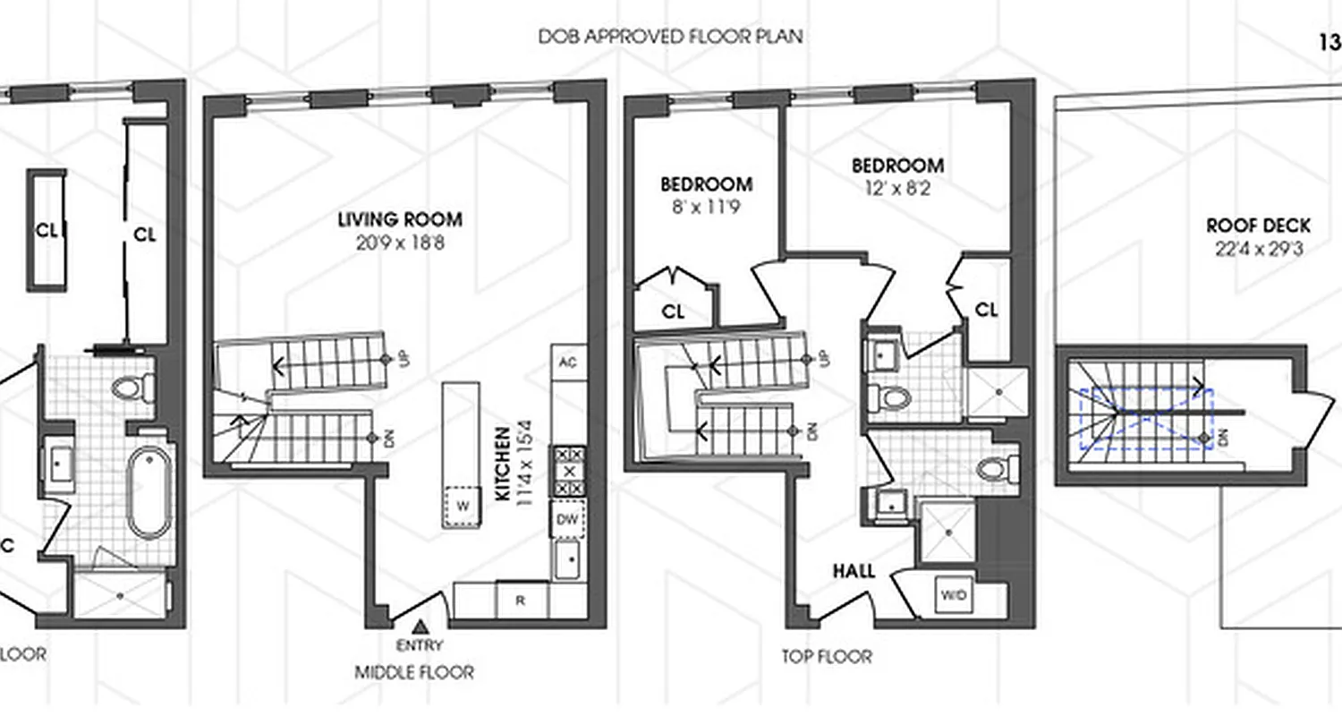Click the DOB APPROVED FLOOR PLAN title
pyautogui.click(x=670, y=37)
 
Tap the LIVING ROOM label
pyautogui.click(x=400, y=219)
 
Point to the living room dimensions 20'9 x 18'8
pyautogui.click(x=400, y=242)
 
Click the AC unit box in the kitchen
pyautogui.click(x=566, y=362)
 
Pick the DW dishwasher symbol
pyautogui.click(x=567, y=518)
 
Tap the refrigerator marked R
pyautogui.click(x=521, y=601)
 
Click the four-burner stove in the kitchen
pyautogui.click(x=567, y=471)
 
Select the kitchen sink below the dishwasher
pyautogui.click(x=567, y=560)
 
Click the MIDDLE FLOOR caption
pyautogui.click(x=414, y=672)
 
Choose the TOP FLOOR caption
pyautogui.click(x=826, y=657)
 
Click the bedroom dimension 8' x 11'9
pyautogui.click(x=706, y=208)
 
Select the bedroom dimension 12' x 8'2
pyautogui.click(x=896, y=189)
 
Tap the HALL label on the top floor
pyautogui.click(x=854, y=571)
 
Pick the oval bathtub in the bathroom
pyautogui.click(x=148, y=493)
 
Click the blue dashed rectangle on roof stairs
pyautogui.click(x=1145, y=418)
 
